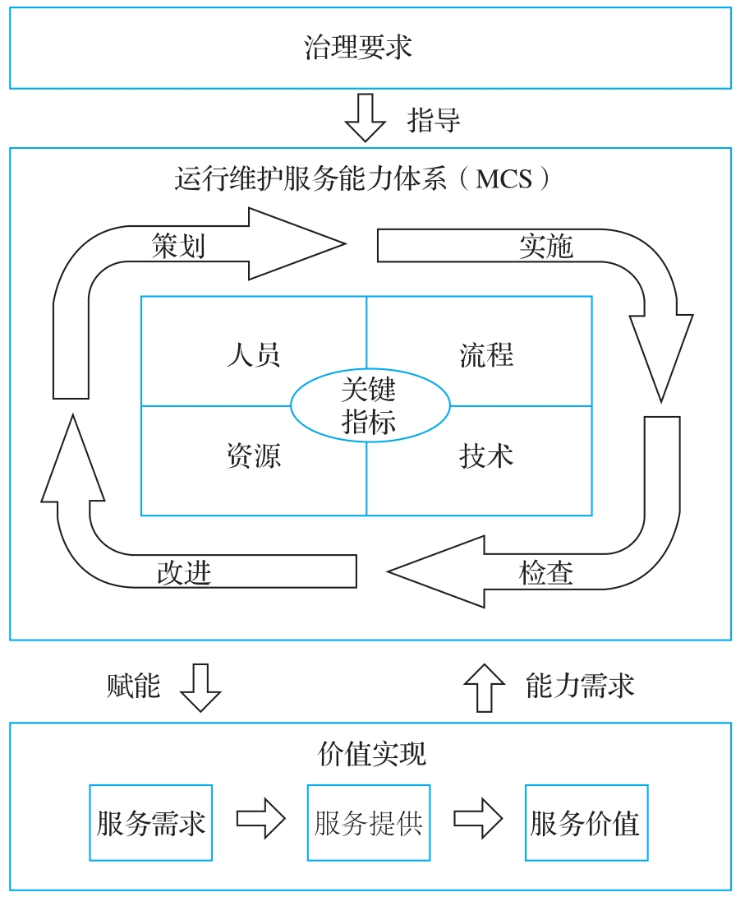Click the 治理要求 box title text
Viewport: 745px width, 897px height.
(358, 48)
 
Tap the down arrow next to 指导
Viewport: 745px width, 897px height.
(365, 118)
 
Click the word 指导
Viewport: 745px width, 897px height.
(434, 120)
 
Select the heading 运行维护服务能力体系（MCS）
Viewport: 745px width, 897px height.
(362, 178)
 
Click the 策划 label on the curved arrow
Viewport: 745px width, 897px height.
(178, 246)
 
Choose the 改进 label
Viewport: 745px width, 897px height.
(184, 572)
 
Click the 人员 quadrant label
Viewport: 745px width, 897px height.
(253, 354)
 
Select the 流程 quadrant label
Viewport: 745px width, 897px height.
(486, 354)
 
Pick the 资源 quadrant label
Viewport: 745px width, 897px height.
(253, 455)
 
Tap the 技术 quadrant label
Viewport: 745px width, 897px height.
(486, 455)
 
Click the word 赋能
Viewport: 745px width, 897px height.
(133, 686)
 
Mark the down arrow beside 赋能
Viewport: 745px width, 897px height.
(200, 687)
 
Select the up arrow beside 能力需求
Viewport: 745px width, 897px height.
(485, 687)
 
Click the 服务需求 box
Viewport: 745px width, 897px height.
(150, 823)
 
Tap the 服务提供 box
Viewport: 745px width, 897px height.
(368, 823)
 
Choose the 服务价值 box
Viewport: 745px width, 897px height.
(586, 823)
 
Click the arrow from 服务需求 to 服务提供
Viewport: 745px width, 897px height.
(260, 819)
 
